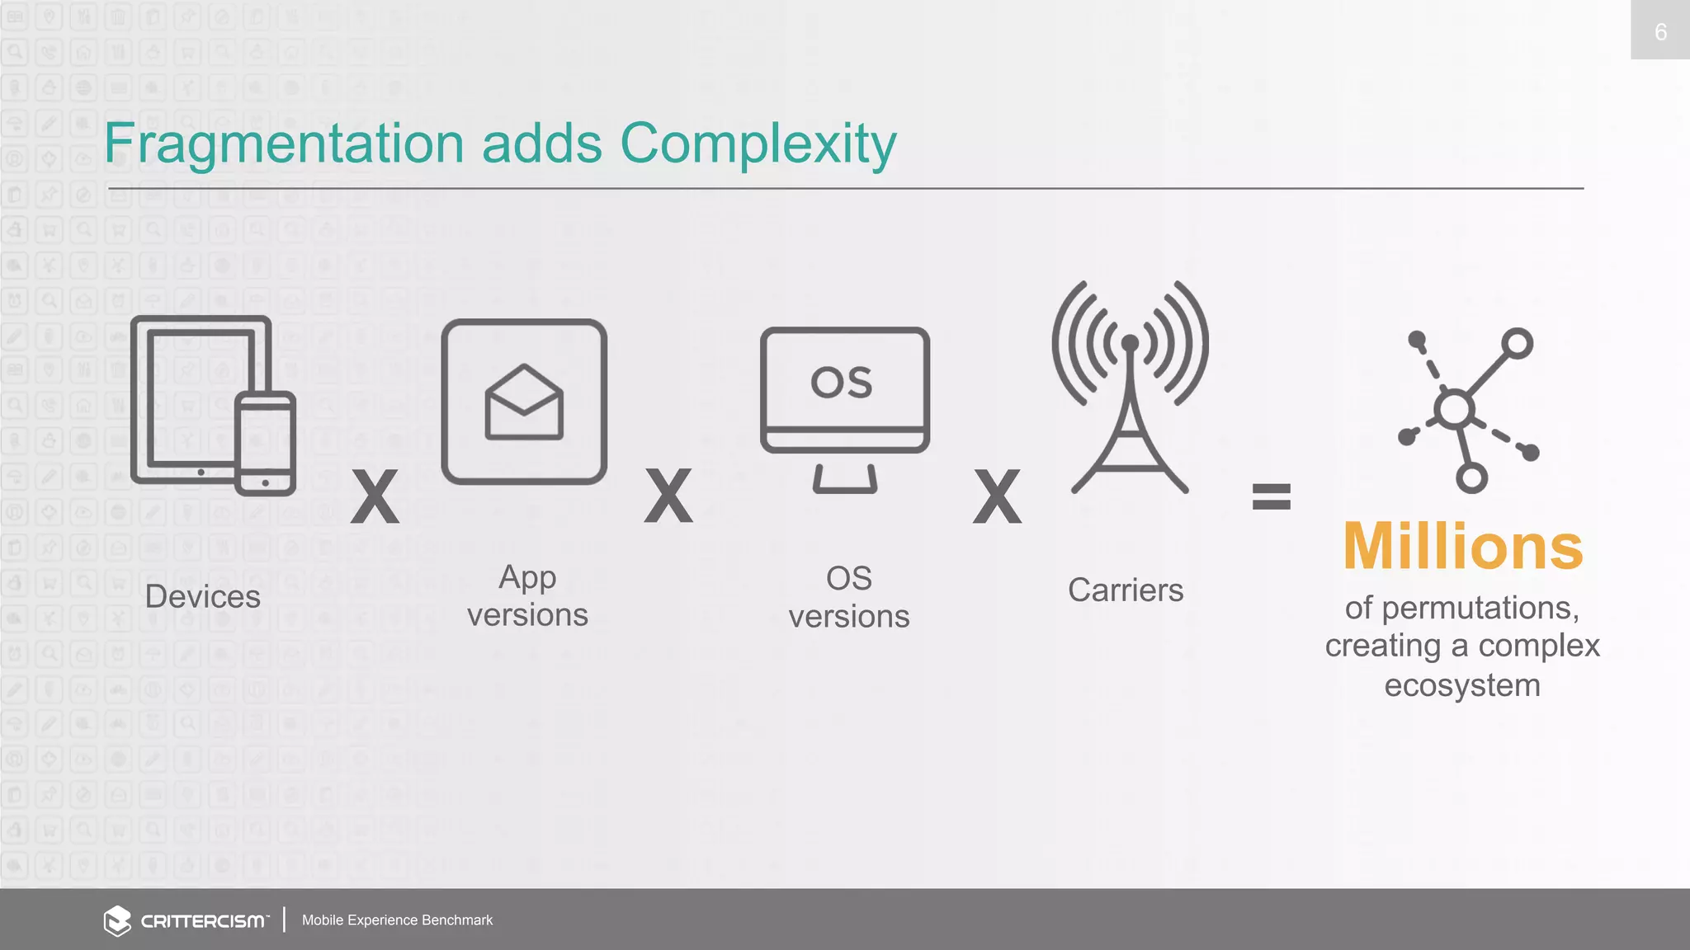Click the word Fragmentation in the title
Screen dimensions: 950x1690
pyautogui.click(x=285, y=144)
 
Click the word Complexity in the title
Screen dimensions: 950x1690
pyautogui.click(x=758, y=144)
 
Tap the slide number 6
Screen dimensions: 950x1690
pyautogui.click(x=1660, y=32)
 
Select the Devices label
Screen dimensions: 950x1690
pyautogui.click(x=202, y=596)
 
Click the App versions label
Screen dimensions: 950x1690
pyautogui.click(x=527, y=596)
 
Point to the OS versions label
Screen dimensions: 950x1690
pyautogui.click(x=849, y=597)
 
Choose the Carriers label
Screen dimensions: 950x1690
pyautogui.click(x=1126, y=590)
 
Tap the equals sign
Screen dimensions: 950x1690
pyautogui.click(x=1271, y=496)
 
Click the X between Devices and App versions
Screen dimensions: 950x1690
pyautogui.click(x=375, y=496)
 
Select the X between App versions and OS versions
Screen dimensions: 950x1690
pyautogui.click(x=668, y=496)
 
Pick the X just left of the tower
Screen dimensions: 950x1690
pyautogui.click(x=997, y=496)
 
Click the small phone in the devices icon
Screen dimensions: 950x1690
pyautogui.click(x=265, y=444)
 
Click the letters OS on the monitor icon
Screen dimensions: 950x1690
pyautogui.click(x=842, y=383)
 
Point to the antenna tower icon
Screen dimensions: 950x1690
pyautogui.click(x=1130, y=388)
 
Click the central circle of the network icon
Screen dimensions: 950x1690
pyautogui.click(x=1454, y=409)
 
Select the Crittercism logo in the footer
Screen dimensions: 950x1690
pyautogui.click(x=186, y=920)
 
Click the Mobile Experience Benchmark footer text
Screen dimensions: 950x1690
pyautogui.click(x=397, y=920)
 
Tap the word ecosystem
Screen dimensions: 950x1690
pyautogui.click(x=1462, y=685)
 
